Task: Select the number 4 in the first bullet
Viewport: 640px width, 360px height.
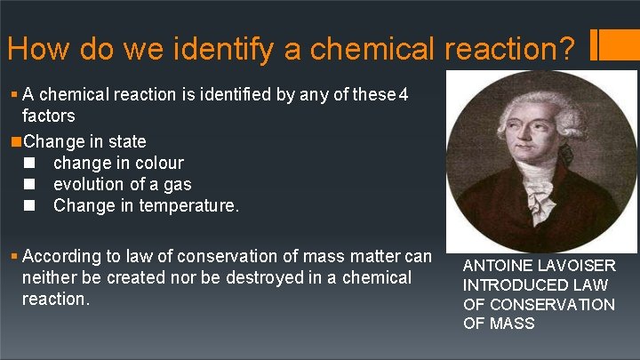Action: tap(404, 95)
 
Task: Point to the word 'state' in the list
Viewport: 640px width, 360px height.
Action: tap(127, 141)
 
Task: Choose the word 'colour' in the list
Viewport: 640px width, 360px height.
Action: tap(157, 163)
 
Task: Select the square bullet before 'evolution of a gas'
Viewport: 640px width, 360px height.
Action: tap(30, 184)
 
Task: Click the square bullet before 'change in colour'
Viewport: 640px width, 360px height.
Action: tap(30, 163)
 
